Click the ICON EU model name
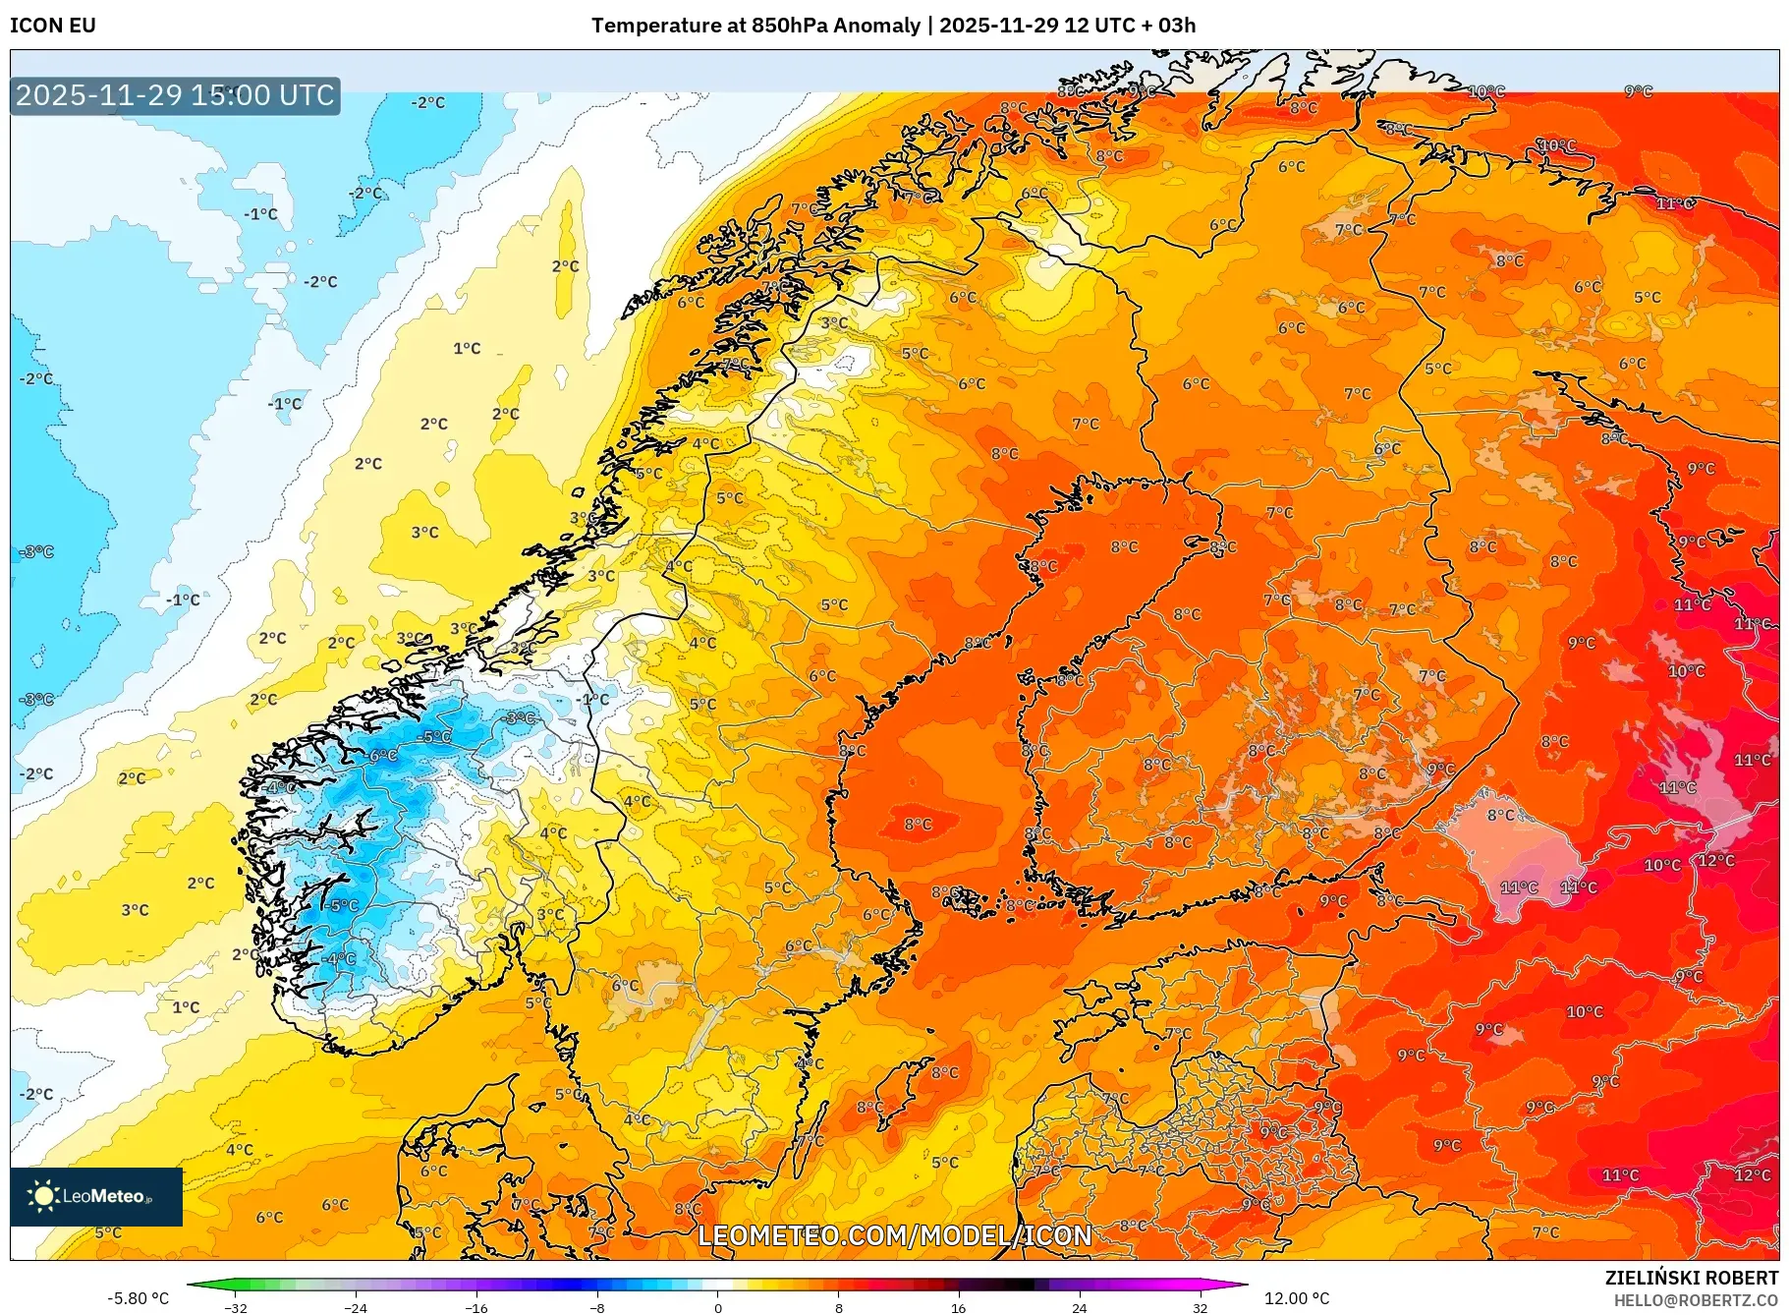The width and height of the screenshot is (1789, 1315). coord(53,26)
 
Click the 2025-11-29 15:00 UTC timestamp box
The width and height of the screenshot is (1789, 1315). coord(175,95)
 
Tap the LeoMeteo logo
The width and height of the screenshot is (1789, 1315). coord(96,1196)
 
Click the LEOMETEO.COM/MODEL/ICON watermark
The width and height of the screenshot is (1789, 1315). coord(894,1235)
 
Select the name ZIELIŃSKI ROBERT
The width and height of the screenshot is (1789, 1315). coord(1691,1278)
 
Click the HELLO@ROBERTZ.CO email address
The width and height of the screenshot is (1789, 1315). coord(1695,1300)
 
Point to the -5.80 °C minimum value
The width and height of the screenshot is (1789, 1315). coord(138,1298)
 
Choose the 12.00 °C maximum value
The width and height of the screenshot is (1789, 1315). coord(1296,1298)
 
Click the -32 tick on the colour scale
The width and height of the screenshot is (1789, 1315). coord(236,1307)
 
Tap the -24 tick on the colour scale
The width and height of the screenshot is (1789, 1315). coord(356,1307)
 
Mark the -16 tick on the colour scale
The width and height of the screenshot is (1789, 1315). coord(476,1307)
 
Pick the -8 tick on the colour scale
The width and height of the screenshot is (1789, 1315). coord(597,1307)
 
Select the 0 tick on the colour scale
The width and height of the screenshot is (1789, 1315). coord(718,1307)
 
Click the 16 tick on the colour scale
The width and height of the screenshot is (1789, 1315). coord(959,1307)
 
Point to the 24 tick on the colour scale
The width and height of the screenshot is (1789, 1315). coord(1080,1307)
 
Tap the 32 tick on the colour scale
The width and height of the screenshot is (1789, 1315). coord(1200,1307)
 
